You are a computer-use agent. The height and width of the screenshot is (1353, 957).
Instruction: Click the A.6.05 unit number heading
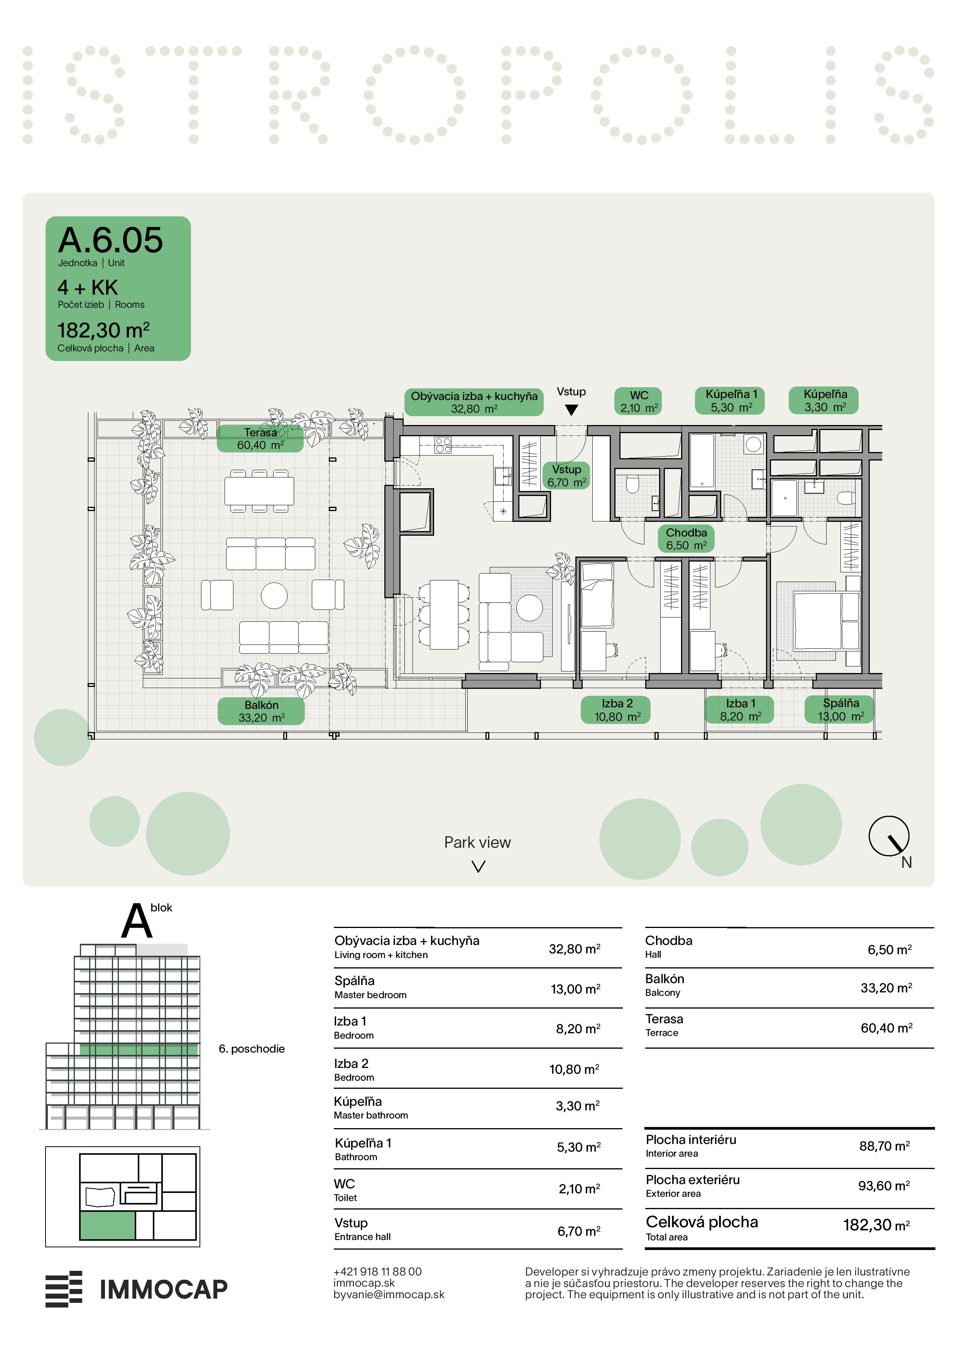110,240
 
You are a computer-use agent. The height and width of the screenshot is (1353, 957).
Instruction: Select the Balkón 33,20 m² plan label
261,711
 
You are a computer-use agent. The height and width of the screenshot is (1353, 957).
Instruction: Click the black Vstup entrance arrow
571,410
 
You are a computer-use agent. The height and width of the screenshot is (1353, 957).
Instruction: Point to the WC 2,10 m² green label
639,401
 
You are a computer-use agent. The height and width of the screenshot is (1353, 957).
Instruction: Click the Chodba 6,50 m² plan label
686,538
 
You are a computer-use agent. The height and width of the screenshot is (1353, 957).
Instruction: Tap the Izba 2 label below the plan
617,710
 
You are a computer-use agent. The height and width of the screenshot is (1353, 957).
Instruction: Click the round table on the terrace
274,595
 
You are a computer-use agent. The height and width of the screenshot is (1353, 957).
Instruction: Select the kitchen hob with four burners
443,445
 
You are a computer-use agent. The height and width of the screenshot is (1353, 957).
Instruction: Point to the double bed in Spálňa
825,621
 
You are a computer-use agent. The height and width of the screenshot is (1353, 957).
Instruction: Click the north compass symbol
889,836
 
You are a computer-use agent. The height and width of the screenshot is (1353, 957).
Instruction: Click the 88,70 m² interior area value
884,1146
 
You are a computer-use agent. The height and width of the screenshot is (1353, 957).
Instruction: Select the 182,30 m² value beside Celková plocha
876,1225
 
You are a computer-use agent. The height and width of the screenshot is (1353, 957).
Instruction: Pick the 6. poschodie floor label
252,1049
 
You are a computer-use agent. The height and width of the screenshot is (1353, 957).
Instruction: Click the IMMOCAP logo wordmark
163,1289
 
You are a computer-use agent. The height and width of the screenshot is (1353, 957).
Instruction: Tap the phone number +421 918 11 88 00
377,1272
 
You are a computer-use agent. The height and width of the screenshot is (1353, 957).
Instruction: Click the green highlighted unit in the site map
107,1226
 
